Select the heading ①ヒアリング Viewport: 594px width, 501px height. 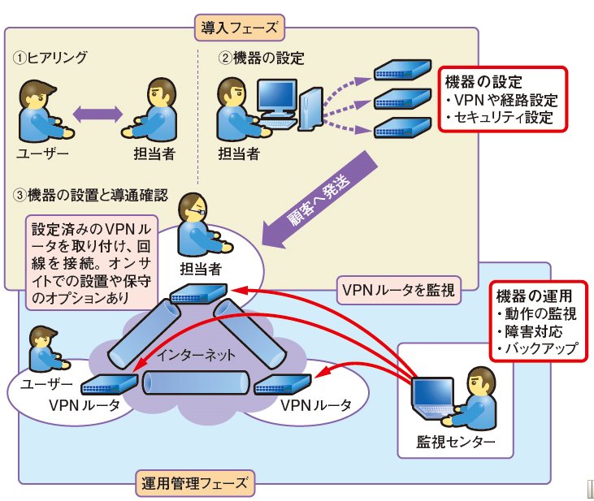pos(50,58)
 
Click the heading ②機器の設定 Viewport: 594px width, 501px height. pos(260,58)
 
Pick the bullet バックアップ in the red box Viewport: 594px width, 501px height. pos(537,348)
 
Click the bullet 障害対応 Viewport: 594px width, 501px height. pos(529,331)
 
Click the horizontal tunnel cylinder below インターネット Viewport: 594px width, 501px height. pos(195,382)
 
